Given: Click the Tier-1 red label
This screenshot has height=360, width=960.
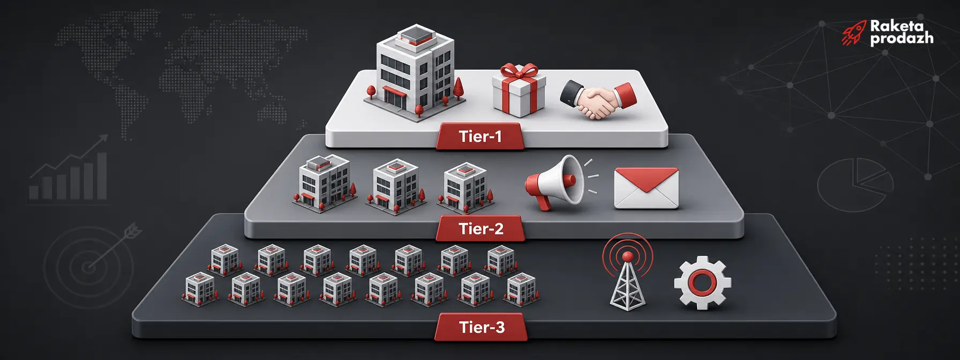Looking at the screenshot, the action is (480, 137).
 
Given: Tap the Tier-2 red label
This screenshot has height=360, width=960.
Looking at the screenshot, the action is (481, 229).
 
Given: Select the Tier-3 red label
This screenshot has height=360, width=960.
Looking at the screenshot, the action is (481, 327).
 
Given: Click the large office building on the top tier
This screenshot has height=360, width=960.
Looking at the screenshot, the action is (415, 72).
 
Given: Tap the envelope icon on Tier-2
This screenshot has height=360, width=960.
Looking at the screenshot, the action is (646, 188).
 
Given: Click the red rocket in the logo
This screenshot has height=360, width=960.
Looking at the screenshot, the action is (853, 33).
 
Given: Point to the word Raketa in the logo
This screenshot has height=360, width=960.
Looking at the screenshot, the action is (897, 26).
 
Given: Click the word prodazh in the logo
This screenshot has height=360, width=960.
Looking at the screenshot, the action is (902, 39).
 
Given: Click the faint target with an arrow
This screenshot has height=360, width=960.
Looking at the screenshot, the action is (88, 265).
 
